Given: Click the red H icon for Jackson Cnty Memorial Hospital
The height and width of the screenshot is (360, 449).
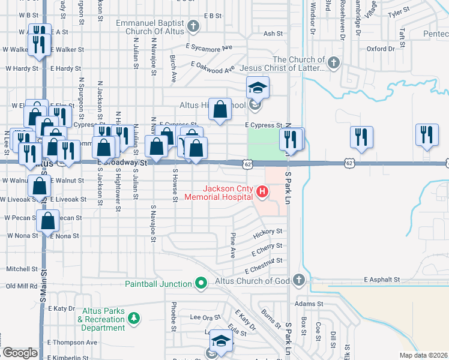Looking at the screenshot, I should [262, 192].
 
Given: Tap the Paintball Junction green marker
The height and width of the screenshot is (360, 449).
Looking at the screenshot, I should [201, 283].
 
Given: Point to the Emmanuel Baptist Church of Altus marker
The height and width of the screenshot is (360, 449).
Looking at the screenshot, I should [193, 26].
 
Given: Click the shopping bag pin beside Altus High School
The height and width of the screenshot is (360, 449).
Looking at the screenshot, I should [220, 110].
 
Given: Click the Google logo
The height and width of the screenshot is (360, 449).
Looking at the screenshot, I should [20, 353].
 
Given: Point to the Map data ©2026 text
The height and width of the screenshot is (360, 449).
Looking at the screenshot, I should [424, 355].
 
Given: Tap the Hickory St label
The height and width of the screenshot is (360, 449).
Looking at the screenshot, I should [267, 231].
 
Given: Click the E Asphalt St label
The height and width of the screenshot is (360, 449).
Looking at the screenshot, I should [382, 280].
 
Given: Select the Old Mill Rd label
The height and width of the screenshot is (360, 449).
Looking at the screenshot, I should [22, 286].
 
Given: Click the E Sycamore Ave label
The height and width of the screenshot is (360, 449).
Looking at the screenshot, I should [209, 47].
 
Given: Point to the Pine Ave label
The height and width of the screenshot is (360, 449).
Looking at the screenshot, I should [233, 247].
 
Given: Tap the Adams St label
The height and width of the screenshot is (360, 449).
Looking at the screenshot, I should [305, 304].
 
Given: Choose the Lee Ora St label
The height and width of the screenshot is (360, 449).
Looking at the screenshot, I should [205, 317].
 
